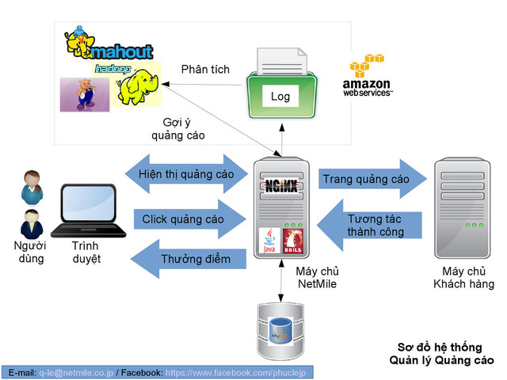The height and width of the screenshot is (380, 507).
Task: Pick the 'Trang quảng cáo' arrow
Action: [365, 180]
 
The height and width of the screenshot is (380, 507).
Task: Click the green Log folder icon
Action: [281, 89]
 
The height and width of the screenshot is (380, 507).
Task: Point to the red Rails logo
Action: [295, 240]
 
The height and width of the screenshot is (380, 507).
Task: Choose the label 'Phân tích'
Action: [205, 70]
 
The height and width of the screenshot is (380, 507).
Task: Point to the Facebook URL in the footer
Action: [238, 372]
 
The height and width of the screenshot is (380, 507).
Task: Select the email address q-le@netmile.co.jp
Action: [76, 372]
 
